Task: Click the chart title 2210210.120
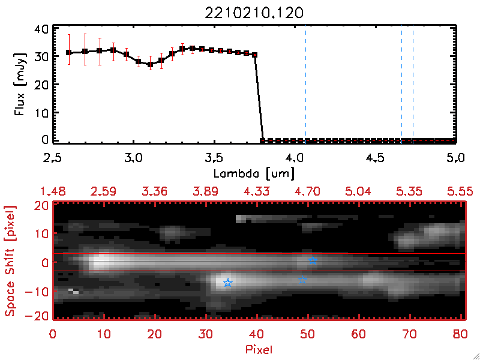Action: (254, 11)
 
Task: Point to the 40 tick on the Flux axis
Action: (42, 29)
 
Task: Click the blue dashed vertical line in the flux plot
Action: (413, 84)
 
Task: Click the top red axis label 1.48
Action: (53, 191)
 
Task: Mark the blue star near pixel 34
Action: (228, 283)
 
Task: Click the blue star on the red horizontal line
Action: (312, 260)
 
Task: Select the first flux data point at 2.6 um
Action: (69, 53)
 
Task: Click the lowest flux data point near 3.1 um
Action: (150, 64)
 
